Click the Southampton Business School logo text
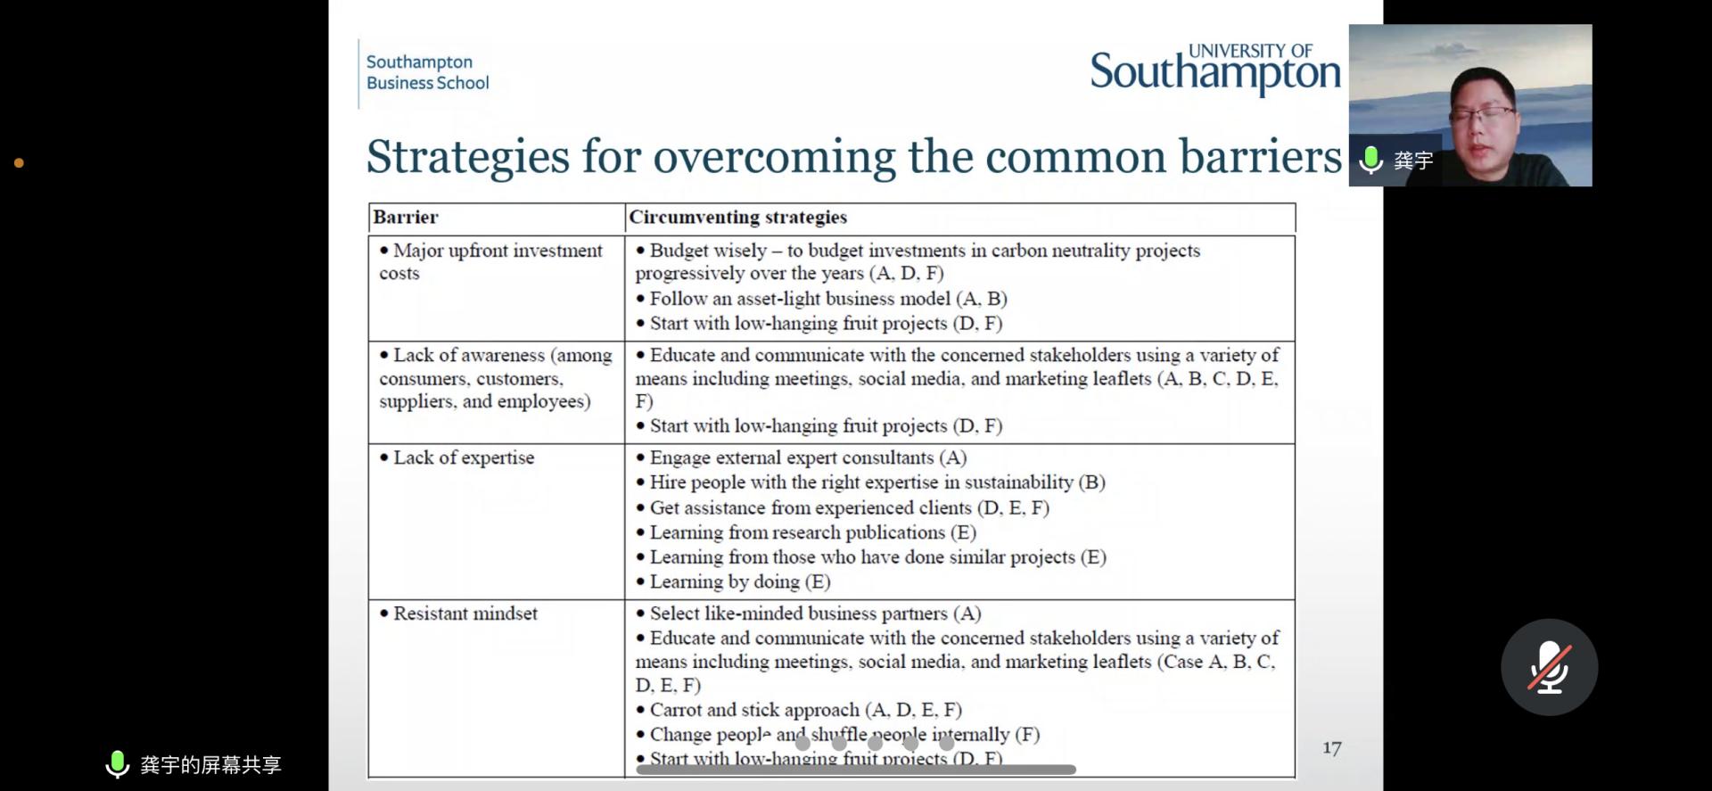coord(427,72)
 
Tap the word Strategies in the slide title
coord(467,157)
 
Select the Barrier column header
coord(406,217)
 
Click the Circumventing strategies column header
coord(737,217)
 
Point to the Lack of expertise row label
coord(464,457)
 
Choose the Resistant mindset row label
coord(465,614)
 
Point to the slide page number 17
coord(1331,748)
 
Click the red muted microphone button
coord(1549,667)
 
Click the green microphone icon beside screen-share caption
coord(117,764)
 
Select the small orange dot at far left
coord(19,163)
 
